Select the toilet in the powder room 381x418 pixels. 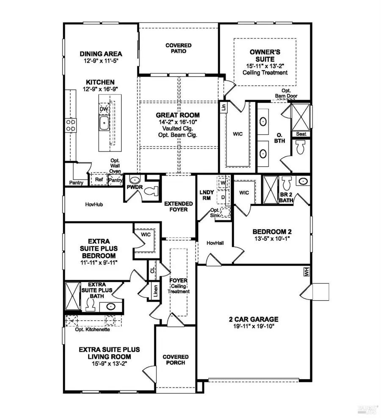[x=151, y=191]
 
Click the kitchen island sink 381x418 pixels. [x=105, y=124]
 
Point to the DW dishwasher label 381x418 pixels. [x=103, y=109]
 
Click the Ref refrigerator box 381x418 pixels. [x=99, y=179]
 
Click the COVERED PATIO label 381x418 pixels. [x=178, y=48]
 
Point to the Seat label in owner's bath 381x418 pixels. [x=301, y=134]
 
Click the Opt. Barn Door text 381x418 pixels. [x=286, y=96]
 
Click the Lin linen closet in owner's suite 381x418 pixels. [x=223, y=107]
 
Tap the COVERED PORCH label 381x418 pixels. [x=175, y=360]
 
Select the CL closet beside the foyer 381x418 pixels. [x=152, y=268]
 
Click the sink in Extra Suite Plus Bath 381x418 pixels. [x=111, y=307]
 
